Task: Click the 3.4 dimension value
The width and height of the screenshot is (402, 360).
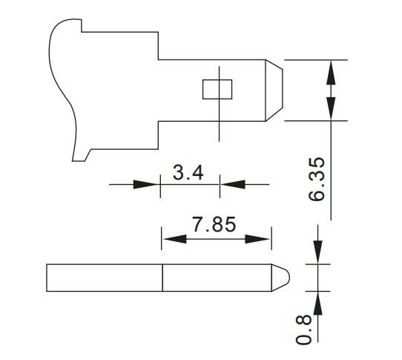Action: pyautogui.click(x=188, y=173)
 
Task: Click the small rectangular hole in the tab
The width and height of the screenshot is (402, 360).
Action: pyautogui.click(x=217, y=89)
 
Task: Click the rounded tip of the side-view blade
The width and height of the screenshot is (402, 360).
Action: pyautogui.click(x=283, y=277)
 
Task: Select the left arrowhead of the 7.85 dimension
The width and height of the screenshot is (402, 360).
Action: pyautogui.click(x=172, y=238)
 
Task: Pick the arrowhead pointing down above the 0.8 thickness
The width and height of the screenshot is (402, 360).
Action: pyautogui.click(x=317, y=254)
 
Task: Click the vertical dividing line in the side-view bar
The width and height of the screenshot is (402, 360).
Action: pyautogui.click(x=162, y=278)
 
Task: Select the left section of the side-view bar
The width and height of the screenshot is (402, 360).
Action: pyautogui.click(x=104, y=278)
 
